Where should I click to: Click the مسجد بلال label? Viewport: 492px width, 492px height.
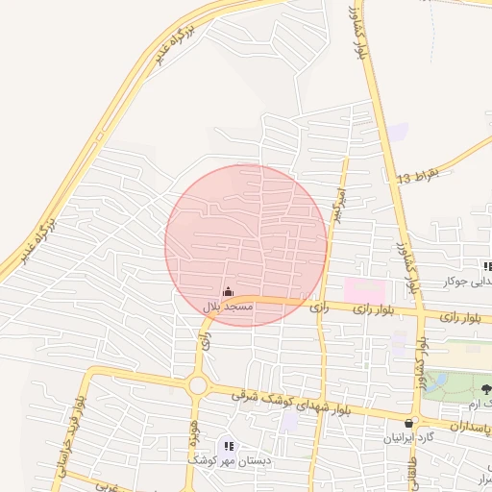click(227, 306)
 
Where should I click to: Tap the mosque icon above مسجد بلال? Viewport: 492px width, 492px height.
click(228, 292)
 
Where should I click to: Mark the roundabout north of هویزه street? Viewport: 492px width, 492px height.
click(199, 385)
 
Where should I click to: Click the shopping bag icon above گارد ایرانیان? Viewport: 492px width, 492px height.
click(410, 423)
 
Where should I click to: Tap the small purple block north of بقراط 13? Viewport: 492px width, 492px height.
click(398, 133)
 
